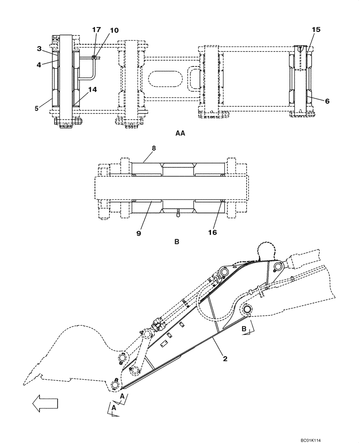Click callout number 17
[96, 30]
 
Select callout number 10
[114, 30]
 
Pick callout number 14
[92, 89]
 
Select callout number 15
[316, 29]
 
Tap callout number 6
[327, 101]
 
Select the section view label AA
[180, 133]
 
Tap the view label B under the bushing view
[177, 242]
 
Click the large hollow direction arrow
[45, 403]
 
